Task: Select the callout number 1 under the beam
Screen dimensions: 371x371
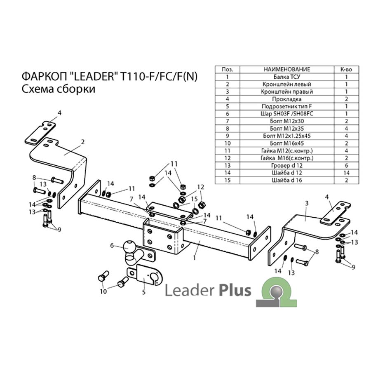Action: click(195, 257)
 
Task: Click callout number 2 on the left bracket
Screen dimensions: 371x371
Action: click(82, 142)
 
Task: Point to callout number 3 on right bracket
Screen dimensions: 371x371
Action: click(307, 203)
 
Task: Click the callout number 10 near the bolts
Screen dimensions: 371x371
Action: click(103, 291)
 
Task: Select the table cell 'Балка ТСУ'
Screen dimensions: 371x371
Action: click(287, 77)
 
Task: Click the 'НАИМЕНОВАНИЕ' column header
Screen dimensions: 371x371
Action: click(287, 69)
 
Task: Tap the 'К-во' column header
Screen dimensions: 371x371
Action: click(346, 69)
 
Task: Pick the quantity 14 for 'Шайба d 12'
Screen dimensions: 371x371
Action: click(346, 173)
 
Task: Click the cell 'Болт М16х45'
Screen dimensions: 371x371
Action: click(287, 143)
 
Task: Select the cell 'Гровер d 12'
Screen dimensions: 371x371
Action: click(287, 165)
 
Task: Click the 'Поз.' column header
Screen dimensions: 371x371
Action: click(228, 69)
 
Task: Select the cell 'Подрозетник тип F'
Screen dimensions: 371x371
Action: click(287, 106)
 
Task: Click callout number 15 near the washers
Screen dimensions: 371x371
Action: click(194, 199)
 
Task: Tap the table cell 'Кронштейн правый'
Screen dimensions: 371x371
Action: click(287, 92)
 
